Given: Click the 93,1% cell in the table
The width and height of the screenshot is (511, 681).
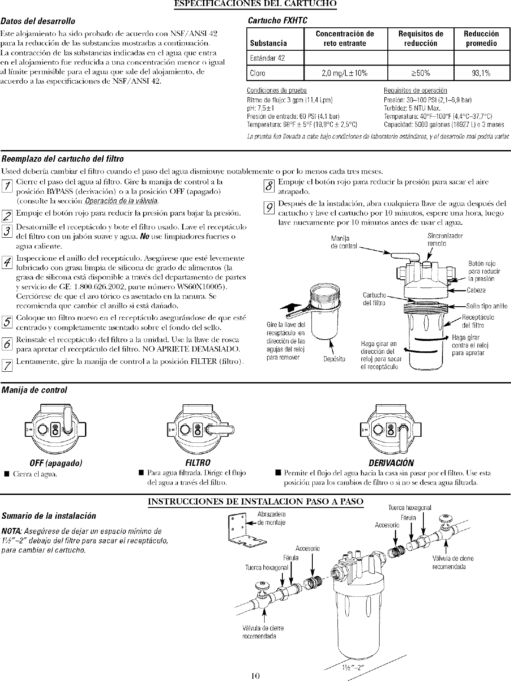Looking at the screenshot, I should pos(482,73).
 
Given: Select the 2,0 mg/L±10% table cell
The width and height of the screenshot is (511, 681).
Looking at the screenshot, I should pos(344,73).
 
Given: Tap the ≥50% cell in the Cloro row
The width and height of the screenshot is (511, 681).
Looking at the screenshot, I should pos(420,73).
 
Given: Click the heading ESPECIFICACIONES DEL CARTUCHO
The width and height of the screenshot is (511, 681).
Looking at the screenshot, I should pos(255,4).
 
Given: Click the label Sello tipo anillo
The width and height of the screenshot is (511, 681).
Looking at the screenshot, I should pos(486,306).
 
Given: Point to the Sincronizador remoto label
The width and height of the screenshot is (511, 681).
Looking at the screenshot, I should pos(439,239).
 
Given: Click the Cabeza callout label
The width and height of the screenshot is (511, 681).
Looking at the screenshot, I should pos(476,290).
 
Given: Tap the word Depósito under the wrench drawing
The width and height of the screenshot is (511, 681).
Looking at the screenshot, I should pos(334,359).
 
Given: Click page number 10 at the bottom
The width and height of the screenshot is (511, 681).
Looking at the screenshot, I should pos(255,675).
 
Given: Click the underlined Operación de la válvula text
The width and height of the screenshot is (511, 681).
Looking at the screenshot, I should pos(121,200).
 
